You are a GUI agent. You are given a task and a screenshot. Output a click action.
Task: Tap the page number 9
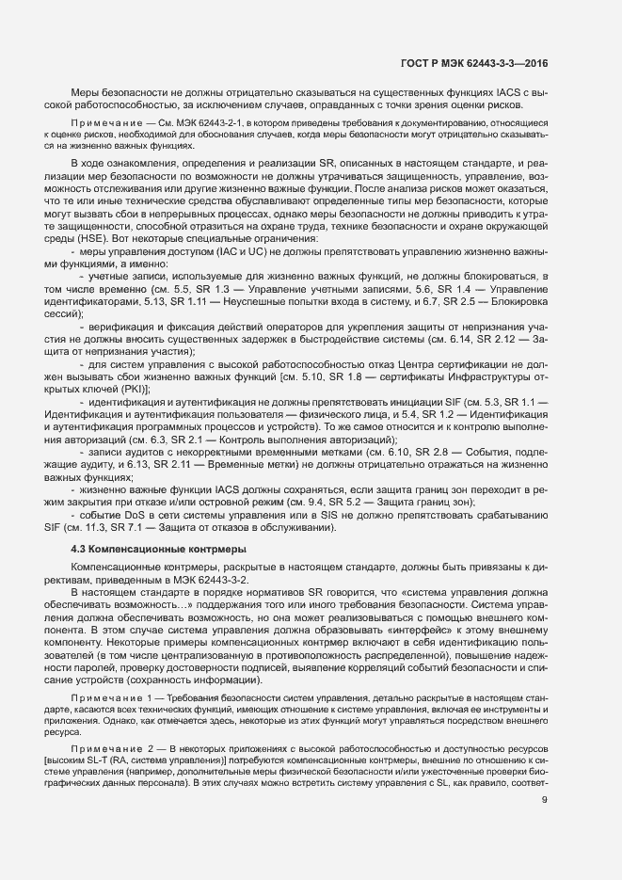(x=545, y=801)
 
